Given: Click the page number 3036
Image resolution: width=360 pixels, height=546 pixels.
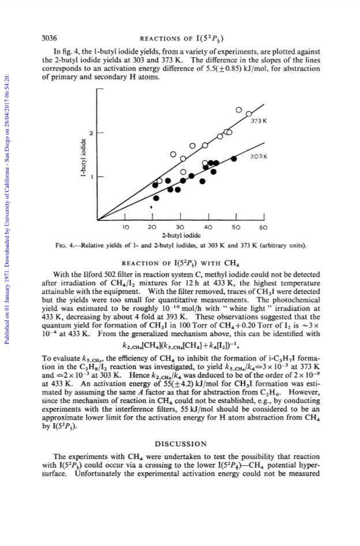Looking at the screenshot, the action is (x=49, y=38).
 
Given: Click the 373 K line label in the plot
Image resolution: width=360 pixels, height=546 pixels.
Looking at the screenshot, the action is (x=259, y=121).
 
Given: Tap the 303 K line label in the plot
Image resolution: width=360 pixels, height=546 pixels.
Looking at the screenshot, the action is (x=259, y=157).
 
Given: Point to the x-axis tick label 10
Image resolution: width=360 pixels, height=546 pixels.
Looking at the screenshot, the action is (x=126, y=227).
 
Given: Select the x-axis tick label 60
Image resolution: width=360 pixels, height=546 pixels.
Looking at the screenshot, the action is (x=264, y=227).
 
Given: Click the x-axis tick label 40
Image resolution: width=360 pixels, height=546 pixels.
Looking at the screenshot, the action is (x=208, y=227).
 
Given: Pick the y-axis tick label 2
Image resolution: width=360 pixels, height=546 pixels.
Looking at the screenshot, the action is (x=91, y=133).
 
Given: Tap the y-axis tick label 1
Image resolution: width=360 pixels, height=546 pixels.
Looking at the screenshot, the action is (x=92, y=177).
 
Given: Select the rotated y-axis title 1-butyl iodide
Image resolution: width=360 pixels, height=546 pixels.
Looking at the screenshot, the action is (x=83, y=158).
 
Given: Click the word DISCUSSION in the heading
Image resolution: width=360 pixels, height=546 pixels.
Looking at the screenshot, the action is (x=181, y=444).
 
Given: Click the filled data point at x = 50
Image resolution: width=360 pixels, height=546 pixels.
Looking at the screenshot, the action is (x=234, y=159).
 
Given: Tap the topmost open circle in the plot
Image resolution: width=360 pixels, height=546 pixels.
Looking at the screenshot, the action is (x=239, y=110).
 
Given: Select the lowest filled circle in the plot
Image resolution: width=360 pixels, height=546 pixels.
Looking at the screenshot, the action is (x=156, y=198).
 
